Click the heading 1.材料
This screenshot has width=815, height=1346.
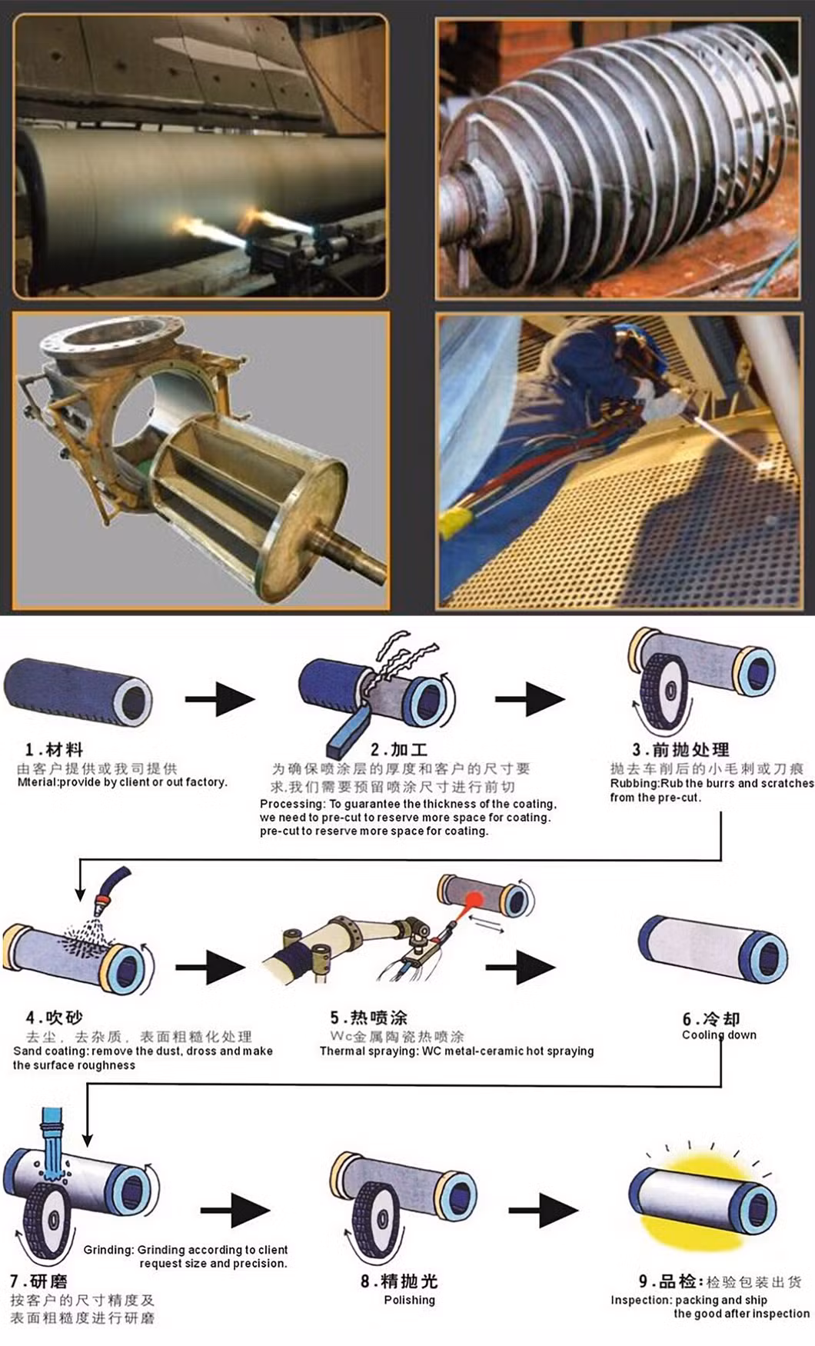coord(54,749)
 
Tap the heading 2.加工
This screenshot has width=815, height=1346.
coord(398,749)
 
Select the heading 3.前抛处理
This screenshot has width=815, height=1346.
coord(680,749)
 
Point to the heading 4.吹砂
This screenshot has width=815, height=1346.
coord(54,1018)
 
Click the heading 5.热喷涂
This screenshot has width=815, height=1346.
coord(368,1018)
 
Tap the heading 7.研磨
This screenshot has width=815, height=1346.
coord(38,1281)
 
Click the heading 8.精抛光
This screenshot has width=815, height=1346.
coord(399,1281)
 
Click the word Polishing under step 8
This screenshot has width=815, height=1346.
coord(409,1300)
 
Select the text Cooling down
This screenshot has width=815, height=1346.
coord(719,1035)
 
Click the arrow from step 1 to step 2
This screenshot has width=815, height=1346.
coord(220,699)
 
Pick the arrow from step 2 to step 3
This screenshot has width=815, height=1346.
coord(530,699)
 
